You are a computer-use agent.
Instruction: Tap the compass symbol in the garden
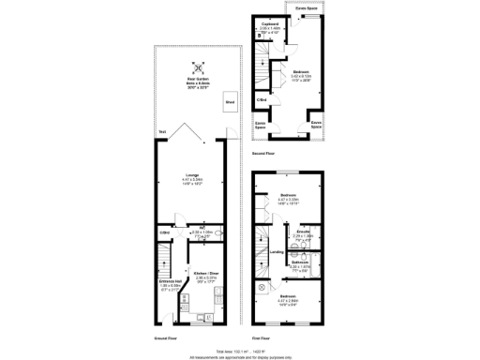[197, 67]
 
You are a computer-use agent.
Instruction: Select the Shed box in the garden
[229, 102]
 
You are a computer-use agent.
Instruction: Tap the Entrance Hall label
[169, 281]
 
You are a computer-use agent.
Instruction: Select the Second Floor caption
[263, 152]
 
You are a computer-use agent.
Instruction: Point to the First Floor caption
[262, 337]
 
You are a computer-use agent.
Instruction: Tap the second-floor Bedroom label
[300, 71]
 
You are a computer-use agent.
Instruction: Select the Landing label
[277, 251]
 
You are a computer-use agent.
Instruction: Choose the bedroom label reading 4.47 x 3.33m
[288, 196]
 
